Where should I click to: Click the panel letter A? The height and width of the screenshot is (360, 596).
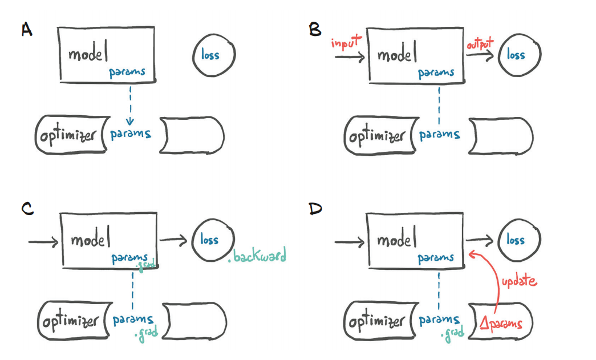point(27,30)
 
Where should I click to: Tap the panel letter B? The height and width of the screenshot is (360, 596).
point(315,30)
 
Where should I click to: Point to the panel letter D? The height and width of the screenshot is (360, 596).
point(315,209)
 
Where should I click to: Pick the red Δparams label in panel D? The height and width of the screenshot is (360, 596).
point(501,324)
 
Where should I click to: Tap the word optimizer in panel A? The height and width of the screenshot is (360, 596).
point(68,135)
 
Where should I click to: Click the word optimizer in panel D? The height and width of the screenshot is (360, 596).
point(377,323)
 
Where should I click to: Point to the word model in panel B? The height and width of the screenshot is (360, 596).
point(397,55)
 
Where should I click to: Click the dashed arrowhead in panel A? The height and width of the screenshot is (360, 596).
point(131,120)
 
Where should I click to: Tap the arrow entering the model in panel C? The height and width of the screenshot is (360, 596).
point(43,242)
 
